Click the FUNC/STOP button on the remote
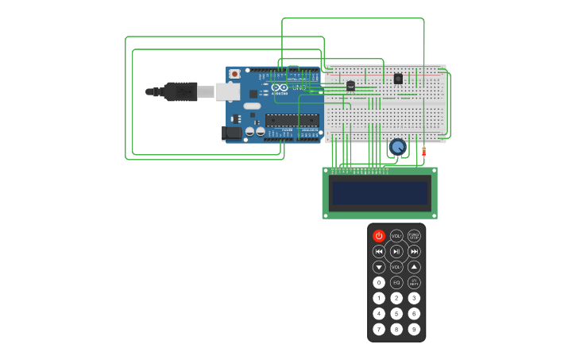pos(414,236)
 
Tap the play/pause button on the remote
pos(396,251)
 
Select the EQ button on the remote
pos(396,282)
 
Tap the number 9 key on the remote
pos(414,329)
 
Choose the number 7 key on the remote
pos(379,329)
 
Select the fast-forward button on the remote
pos(414,251)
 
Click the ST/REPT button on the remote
pos(414,282)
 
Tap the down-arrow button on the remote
pos(379,267)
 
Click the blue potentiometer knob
pos(397,146)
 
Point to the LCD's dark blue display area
pos(380,193)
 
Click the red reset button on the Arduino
pos(234,74)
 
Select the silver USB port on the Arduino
pos(228,91)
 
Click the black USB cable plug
pos(180,91)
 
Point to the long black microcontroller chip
pos(292,121)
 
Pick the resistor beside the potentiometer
pos(423,151)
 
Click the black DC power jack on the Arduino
pos(232,134)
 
